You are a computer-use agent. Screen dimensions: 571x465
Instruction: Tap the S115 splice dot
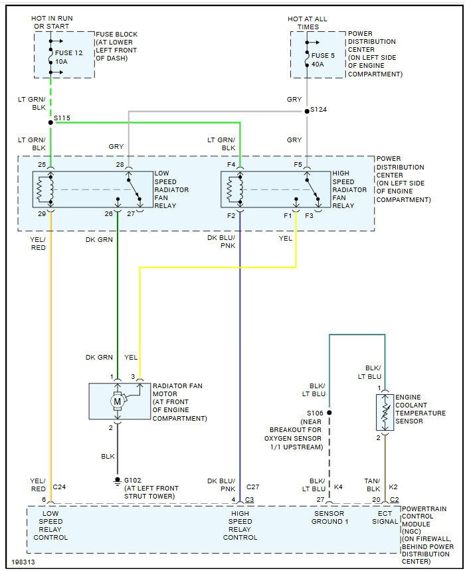(x=50, y=122)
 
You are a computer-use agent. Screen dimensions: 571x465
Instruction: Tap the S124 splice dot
(x=307, y=110)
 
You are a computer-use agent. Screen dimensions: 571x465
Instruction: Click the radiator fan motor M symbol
(x=118, y=401)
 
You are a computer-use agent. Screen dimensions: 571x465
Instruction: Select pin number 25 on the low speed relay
(x=42, y=164)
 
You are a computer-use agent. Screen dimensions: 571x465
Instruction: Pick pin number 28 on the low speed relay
(x=120, y=164)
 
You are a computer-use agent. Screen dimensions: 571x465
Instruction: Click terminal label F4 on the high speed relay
(x=231, y=164)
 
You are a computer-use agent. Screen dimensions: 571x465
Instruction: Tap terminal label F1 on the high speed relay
(x=288, y=216)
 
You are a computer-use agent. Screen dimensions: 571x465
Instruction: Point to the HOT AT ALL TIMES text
(x=307, y=23)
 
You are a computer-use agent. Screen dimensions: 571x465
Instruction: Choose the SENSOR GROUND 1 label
(x=329, y=518)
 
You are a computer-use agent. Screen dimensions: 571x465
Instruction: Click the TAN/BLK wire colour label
(x=372, y=485)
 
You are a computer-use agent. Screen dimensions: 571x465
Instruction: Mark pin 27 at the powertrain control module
(x=320, y=500)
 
